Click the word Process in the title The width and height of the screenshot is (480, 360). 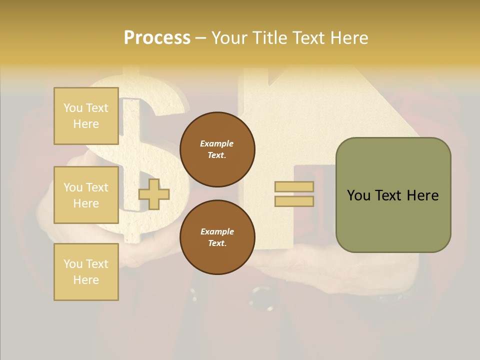tap(157, 38)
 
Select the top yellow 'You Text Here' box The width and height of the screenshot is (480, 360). tap(86, 116)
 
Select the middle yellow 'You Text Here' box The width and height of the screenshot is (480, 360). tap(86, 195)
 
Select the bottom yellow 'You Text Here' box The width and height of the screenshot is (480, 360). tap(86, 272)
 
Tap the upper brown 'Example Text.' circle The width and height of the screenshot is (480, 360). tap(217, 149)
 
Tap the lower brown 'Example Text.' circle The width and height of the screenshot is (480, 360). tap(217, 237)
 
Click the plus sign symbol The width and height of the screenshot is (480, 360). tap(154, 194)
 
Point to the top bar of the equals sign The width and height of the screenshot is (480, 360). tap(294, 186)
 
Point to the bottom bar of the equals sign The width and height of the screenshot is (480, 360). tap(294, 201)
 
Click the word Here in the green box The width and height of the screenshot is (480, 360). tap(422, 195)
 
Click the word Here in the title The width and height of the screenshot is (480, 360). tap(348, 38)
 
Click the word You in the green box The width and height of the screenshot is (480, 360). tap(359, 195)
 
